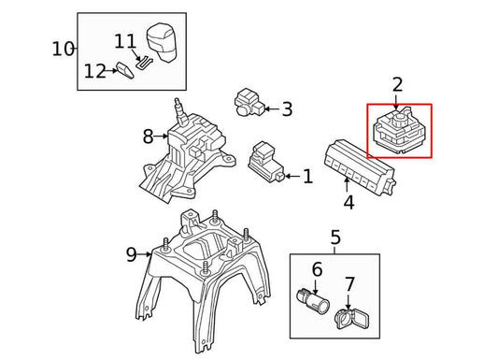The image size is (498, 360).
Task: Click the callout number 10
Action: (63, 50)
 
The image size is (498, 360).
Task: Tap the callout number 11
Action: (125, 41)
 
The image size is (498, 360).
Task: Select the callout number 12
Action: (94, 71)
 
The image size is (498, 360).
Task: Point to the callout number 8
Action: (148, 137)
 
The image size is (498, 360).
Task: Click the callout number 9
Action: (131, 254)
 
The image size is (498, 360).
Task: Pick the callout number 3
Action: (287, 109)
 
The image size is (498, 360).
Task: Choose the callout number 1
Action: (307, 177)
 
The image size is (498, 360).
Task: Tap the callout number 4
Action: (349, 202)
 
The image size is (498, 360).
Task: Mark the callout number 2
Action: (397, 84)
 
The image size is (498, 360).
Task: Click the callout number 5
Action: (335, 238)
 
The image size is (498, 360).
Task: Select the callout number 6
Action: (317, 269)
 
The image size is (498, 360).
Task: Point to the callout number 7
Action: (349, 284)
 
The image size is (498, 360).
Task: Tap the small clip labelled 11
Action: (144, 62)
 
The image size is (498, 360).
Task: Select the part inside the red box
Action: (398, 131)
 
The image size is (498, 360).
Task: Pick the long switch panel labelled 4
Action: (359, 167)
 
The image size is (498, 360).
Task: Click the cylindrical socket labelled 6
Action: (313, 300)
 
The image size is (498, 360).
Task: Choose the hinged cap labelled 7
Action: (352, 318)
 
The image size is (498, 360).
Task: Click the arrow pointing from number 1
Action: (292, 177)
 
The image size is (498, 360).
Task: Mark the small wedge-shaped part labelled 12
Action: (125, 70)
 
